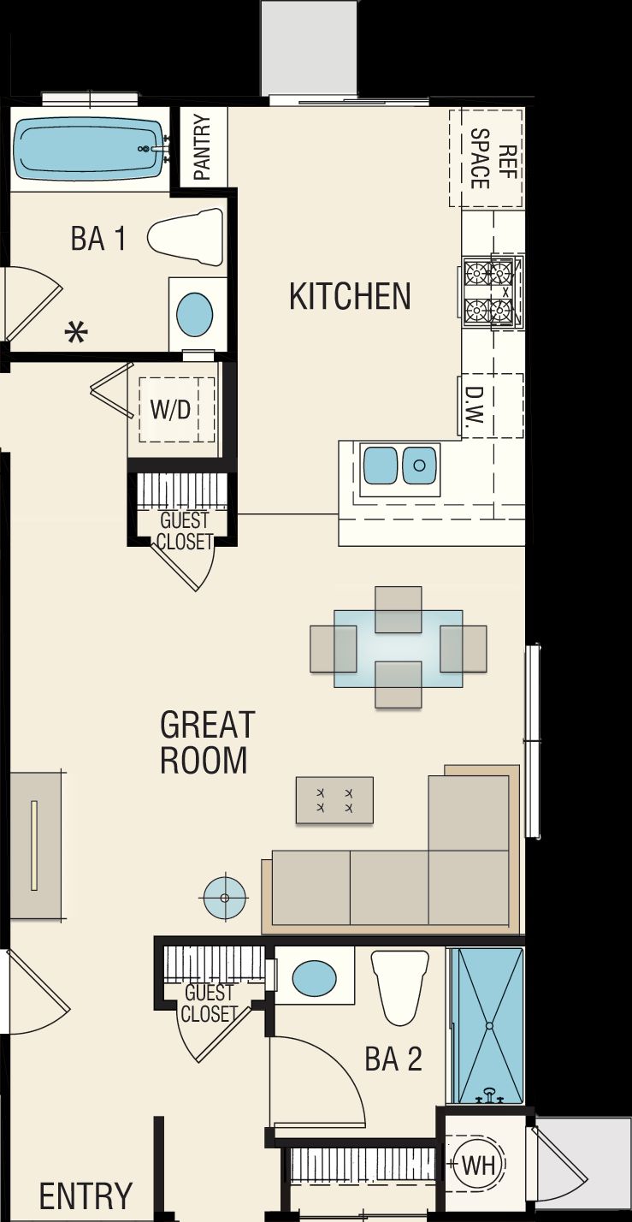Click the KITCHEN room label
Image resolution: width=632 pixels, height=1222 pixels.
point(350,296)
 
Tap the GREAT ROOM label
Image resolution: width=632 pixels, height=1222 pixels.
point(207,742)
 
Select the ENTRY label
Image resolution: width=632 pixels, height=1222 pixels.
point(86,1195)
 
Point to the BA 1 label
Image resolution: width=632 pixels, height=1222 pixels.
point(98,239)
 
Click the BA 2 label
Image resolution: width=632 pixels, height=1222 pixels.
point(393,1059)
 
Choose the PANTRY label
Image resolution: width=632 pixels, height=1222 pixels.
point(203,147)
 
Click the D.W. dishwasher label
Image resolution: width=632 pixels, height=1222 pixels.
point(475,406)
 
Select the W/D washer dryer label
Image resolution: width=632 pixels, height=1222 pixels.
point(171,409)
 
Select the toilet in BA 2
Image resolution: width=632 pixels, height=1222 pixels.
point(399,986)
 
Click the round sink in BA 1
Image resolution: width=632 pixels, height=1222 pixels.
point(195,314)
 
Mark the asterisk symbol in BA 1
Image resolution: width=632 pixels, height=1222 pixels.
point(77,333)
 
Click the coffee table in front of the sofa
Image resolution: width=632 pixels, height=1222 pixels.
point(334,800)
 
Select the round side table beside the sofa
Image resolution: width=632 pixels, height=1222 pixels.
point(225,897)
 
